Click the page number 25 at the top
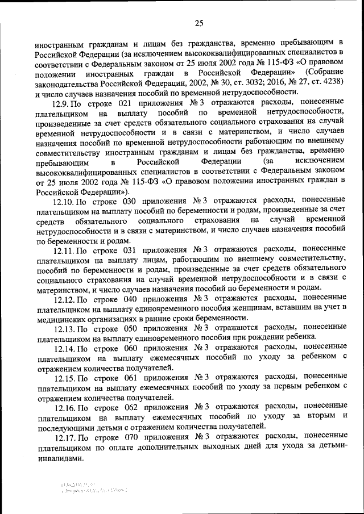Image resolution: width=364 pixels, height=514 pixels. (198, 23)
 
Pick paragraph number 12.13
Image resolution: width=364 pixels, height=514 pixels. (63, 328)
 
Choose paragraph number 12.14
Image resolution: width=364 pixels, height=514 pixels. (63, 348)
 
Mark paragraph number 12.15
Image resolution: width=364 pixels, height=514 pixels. (63, 377)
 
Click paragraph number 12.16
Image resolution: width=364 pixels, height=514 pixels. (64, 407)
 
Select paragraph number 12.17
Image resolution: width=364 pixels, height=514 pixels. (64, 436)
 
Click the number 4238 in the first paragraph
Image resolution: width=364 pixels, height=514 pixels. (331, 82)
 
